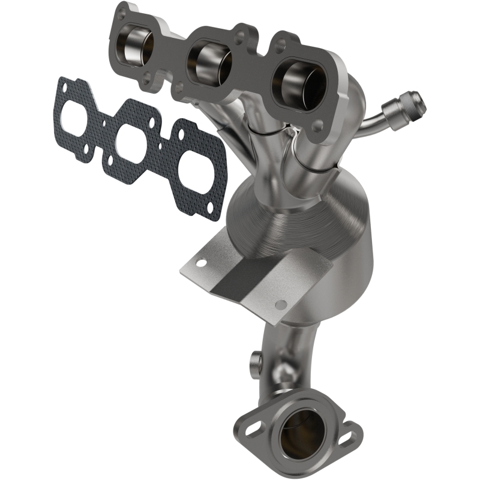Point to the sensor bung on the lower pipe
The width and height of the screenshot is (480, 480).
[x=254, y=361]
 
